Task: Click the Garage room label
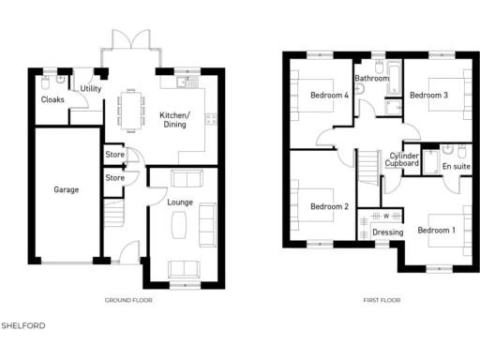[66, 189]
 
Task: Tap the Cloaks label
[52, 98]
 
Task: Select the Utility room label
[91, 88]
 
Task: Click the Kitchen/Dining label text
[175, 118]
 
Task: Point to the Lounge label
[180, 202]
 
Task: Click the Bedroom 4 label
[329, 95]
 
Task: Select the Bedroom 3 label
[428, 95]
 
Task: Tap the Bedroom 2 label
[329, 206]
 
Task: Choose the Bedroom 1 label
[436, 230]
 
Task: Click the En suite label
[455, 166]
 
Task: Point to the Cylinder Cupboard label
[404, 159]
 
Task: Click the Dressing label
[387, 232]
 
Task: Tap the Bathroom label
[371, 79]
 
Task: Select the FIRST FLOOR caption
[382, 301]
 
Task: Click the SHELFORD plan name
[23, 325]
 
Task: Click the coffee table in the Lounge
[181, 224]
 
